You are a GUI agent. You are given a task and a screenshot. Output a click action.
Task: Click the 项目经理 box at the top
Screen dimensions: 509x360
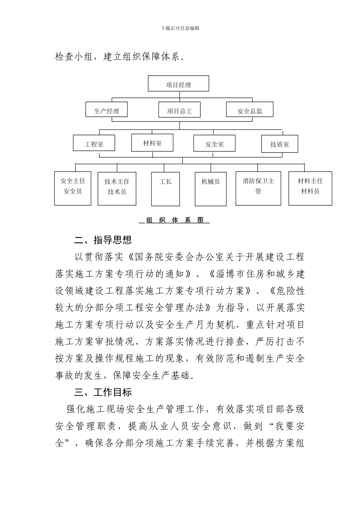(178, 84)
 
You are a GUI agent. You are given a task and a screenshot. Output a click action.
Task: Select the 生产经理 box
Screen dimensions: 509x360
(106, 110)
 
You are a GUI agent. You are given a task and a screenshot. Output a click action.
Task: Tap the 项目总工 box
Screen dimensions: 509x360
(179, 110)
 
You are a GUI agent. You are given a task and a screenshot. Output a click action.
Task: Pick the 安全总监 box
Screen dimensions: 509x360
(249, 110)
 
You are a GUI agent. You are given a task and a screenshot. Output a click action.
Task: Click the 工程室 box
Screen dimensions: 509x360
(94, 143)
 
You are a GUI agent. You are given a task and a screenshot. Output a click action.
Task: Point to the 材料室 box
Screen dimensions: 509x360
(152, 142)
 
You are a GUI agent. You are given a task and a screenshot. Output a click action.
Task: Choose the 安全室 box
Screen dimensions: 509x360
(214, 143)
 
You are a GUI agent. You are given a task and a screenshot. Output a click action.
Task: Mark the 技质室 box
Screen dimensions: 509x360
(280, 144)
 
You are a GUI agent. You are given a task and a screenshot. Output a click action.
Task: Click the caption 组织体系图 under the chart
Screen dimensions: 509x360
(175, 220)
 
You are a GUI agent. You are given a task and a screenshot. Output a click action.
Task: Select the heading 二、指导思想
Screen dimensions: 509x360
(103, 240)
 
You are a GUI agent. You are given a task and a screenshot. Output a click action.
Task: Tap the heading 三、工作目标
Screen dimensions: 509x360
(103, 392)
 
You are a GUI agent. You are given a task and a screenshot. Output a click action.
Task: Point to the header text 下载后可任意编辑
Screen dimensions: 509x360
(180, 28)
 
